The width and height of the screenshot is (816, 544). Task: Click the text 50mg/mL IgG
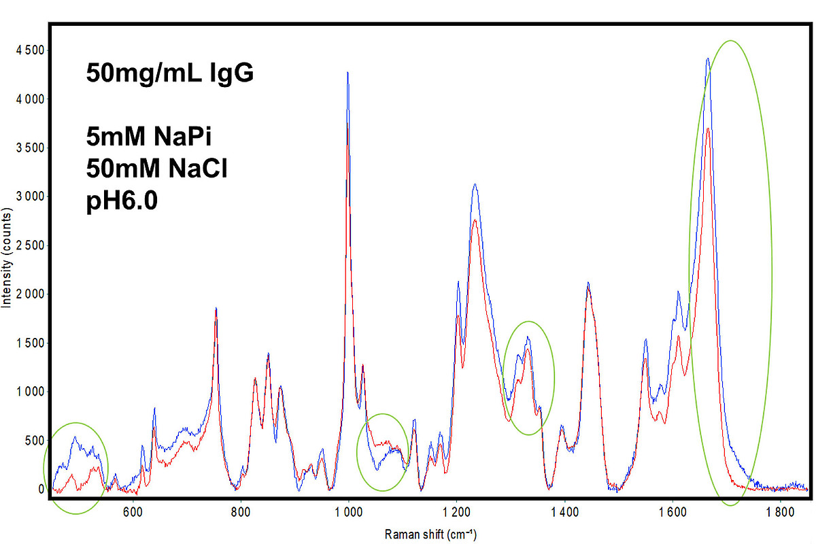[170, 73]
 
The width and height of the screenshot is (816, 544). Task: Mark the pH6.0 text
[122, 201]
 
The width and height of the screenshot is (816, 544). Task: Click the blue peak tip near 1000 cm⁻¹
[347, 72]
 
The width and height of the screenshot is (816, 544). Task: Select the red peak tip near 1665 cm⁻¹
[708, 128]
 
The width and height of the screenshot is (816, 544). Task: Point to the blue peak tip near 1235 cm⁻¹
[475, 184]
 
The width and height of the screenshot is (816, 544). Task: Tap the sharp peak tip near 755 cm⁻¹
[216, 308]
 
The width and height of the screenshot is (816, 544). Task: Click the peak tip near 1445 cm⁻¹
[588, 283]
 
